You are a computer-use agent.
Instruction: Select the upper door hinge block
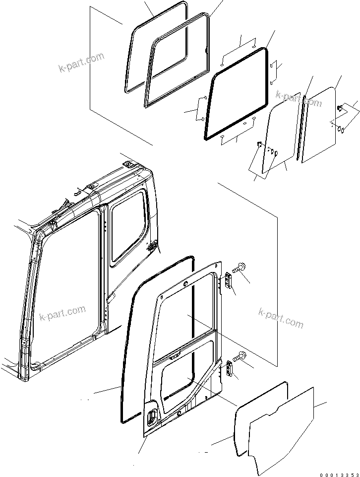pyautogui.click(x=229, y=280)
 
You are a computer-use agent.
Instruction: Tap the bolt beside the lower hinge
pyautogui.click(x=240, y=356)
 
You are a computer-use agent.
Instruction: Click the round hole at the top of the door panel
pyautogui.click(x=185, y=284)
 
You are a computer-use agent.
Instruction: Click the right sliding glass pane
pyautogui.click(x=320, y=124)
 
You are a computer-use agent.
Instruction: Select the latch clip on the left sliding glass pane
pyautogui.click(x=259, y=144)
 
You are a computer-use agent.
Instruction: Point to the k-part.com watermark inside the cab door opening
pyautogui.click(x=62, y=313)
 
